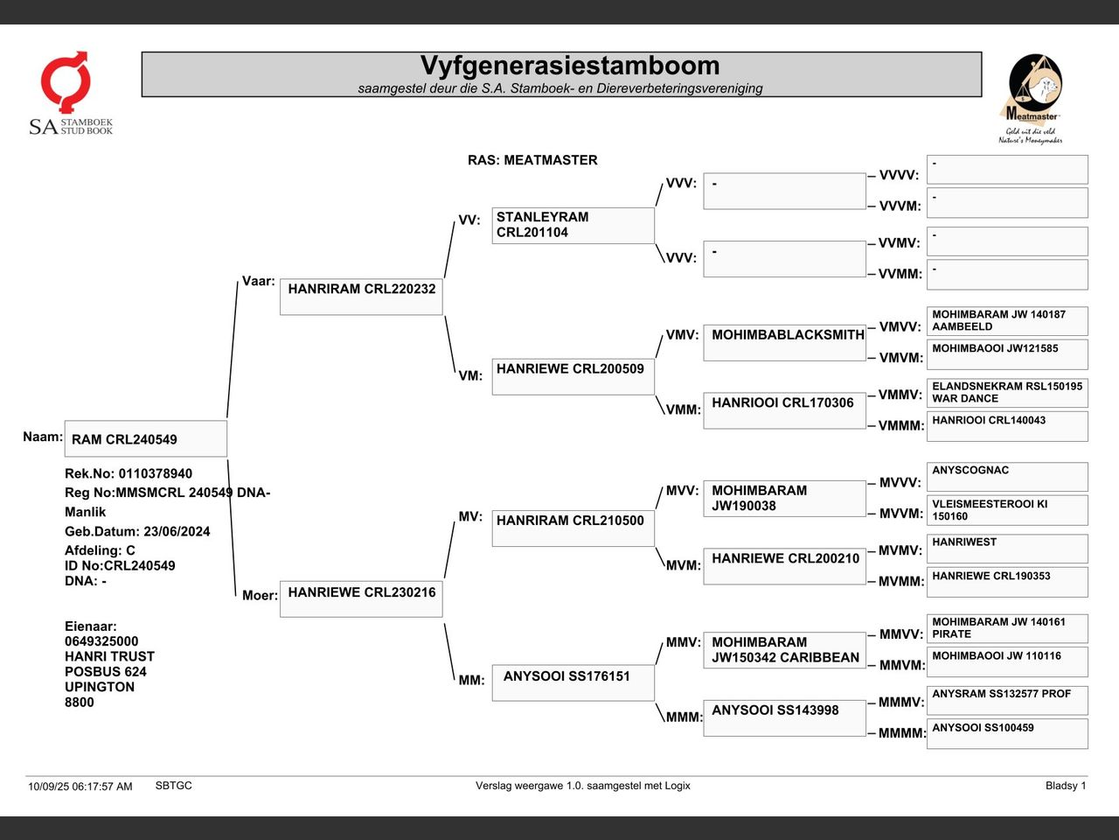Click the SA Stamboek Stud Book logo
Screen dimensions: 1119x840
tap(71, 94)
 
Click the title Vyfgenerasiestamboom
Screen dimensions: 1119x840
tap(569, 66)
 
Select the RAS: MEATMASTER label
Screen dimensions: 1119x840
tap(532, 160)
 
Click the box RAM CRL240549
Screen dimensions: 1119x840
tap(146, 438)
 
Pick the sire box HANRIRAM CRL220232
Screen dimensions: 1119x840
tap(361, 297)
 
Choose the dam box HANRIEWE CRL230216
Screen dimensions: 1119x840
tap(361, 598)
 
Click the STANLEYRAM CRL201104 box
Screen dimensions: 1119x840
tap(573, 226)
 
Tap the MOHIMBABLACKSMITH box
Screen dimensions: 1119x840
tap(784, 343)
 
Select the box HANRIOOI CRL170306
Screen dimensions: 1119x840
tap(784, 410)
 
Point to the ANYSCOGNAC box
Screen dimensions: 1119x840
tap(1007, 477)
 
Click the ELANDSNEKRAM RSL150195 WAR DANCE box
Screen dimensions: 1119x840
tap(1007, 393)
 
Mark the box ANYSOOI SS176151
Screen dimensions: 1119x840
tap(573, 682)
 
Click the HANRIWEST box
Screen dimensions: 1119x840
tap(1007, 549)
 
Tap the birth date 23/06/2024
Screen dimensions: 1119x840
tap(177, 531)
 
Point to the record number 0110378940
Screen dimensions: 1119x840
tap(156, 473)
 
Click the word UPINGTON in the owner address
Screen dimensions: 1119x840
tap(100, 687)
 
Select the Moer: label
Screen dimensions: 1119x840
tap(260, 595)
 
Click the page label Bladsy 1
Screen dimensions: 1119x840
tap(1066, 786)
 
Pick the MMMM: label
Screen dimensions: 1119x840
tap(902, 733)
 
